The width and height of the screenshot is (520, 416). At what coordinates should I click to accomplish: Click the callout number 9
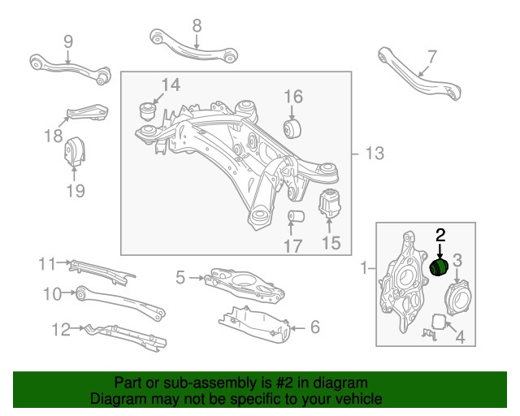click(x=68, y=41)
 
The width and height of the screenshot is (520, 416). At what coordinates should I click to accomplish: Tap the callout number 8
click(x=197, y=26)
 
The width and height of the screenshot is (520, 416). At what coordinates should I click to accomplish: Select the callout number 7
click(x=431, y=57)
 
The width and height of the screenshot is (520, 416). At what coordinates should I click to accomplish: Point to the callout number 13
click(x=374, y=154)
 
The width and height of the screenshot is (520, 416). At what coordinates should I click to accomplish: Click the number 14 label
click(x=170, y=84)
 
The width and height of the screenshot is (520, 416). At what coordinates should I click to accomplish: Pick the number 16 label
click(x=292, y=97)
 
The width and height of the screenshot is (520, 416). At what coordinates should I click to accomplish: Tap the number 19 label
click(x=75, y=192)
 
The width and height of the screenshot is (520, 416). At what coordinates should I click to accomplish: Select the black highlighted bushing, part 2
click(x=440, y=267)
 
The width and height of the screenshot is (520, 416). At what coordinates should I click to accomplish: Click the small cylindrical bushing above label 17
click(x=297, y=218)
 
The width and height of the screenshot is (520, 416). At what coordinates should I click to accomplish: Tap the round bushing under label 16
click(x=292, y=128)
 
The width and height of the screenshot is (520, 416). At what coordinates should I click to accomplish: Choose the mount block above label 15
click(x=330, y=202)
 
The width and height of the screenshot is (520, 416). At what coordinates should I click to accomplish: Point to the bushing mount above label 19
click(x=75, y=152)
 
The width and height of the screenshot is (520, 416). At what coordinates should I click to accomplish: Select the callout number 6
click(x=314, y=327)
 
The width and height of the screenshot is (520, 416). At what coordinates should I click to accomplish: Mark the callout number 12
click(x=61, y=329)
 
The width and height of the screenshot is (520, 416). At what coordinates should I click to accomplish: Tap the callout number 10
click(x=52, y=293)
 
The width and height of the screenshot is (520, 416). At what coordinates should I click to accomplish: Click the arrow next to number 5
click(x=197, y=278)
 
